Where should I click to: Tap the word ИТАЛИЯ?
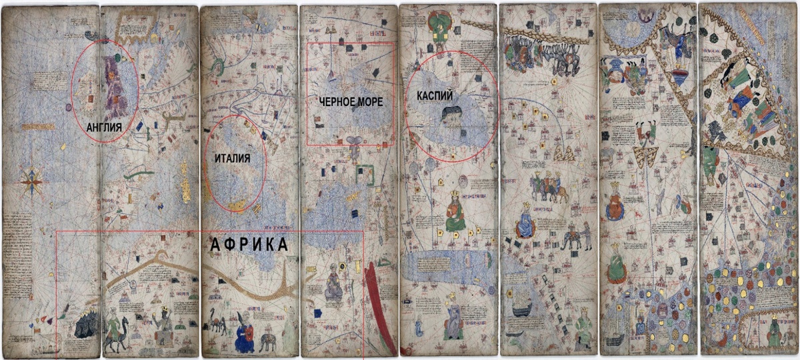click(232, 159)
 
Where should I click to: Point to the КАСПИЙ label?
click(436, 96)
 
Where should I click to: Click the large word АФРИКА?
click(249, 245)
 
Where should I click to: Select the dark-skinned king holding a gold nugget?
click(163, 323)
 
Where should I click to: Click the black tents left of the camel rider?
click(85, 326)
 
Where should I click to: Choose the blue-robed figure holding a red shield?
click(241, 333)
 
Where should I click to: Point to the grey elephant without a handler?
click(268, 342)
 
